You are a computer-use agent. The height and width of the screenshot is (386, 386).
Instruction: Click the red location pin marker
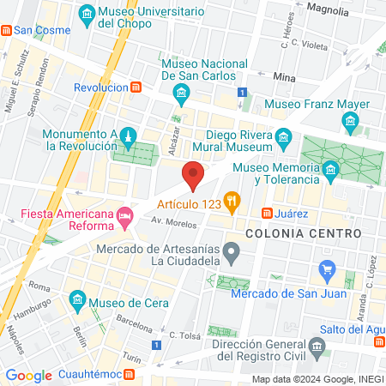point(193,176)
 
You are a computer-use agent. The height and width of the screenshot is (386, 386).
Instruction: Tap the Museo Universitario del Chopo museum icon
point(87,14)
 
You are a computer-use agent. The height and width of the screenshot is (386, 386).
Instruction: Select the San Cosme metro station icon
point(6,30)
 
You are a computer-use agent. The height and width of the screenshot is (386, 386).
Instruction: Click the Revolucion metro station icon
point(136,87)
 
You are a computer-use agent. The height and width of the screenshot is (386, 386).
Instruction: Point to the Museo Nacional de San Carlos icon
point(180,92)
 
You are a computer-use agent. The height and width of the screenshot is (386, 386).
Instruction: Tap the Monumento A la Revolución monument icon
point(127,137)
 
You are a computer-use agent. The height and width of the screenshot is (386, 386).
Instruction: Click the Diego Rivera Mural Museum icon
point(284,136)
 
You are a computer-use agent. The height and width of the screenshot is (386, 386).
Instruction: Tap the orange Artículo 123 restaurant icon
point(231,203)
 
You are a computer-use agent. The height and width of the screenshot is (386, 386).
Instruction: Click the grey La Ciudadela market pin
point(231,251)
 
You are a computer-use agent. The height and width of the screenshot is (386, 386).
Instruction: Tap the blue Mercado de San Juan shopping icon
point(326,270)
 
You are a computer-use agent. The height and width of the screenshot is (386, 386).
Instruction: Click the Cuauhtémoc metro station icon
point(129,375)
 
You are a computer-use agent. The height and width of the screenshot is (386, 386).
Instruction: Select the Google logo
point(28,375)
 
